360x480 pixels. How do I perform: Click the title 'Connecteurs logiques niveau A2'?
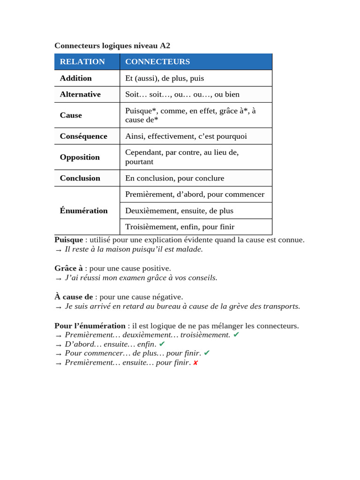(x=112, y=45)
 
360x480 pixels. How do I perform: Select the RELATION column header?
(x=82, y=61)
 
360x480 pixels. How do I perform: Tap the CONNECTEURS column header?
(x=157, y=61)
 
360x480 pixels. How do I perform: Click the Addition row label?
(x=76, y=78)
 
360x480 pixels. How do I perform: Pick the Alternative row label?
(x=80, y=94)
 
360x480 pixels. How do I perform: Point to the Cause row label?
(x=71, y=115)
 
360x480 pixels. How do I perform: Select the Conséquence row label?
(x=83, y=136)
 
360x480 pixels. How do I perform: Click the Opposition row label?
(x=80, y=157)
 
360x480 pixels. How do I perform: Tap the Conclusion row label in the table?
(x=80, y=178)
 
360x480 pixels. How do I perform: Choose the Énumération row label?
(x=84, y=210)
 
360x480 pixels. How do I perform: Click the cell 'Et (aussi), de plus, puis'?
(x=165, y=78)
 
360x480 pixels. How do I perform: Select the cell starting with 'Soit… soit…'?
(x=182, y=94)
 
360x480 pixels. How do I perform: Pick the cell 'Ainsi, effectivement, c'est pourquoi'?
(x=186, y=136)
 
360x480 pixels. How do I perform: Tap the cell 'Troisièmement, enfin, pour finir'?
(x=180, y=227)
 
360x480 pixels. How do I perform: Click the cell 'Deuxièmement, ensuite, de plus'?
(x=179, y=210)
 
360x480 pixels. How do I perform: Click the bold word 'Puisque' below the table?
(x=68, y=240)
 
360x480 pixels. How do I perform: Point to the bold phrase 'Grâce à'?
(x=68, y=268)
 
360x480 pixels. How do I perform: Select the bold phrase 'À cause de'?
(x=74, y=297)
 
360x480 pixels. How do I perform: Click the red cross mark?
(x=195, y=363)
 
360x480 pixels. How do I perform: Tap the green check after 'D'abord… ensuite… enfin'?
(x=162, y=344)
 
